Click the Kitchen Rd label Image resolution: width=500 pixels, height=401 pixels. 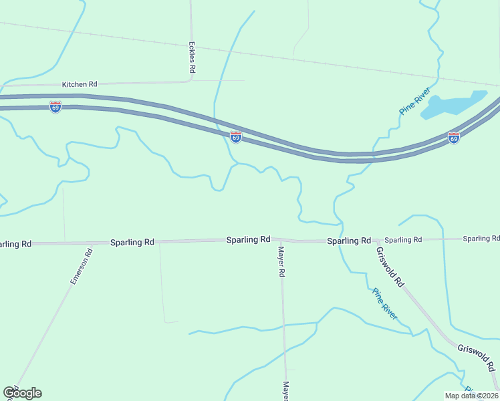point(80,84)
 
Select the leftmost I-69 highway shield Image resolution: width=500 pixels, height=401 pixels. point(55,107)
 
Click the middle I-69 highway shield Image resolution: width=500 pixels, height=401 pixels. point(236,136)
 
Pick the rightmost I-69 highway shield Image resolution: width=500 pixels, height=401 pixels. point(453,138)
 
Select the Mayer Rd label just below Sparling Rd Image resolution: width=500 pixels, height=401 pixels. point(282,261)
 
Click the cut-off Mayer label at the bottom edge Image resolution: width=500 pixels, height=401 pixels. point(285,391)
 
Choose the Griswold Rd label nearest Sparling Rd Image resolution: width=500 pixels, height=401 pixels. point(390,267)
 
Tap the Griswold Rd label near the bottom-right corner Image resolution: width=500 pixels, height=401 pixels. point(476,358)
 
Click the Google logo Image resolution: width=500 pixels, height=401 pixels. point(22,393)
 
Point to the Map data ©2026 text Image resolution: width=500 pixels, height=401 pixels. point(472,396)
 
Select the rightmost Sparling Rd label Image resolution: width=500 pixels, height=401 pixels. point(481,239)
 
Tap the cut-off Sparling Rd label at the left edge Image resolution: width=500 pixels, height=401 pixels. point(15,244)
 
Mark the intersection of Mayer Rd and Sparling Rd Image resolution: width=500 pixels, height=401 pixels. point(280,240)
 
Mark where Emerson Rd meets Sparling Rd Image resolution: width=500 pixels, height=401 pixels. point(93,243)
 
